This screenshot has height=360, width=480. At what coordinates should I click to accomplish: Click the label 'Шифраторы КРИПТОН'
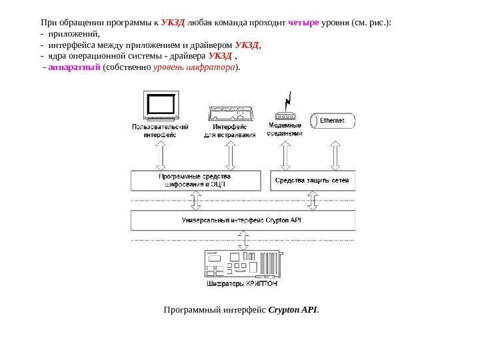[241, 284]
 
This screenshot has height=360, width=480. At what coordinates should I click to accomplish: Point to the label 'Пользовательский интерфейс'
[160, 130]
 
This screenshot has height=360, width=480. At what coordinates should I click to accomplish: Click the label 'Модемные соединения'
[285, 129]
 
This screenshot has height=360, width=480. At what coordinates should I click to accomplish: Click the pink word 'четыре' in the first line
[303, 21]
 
